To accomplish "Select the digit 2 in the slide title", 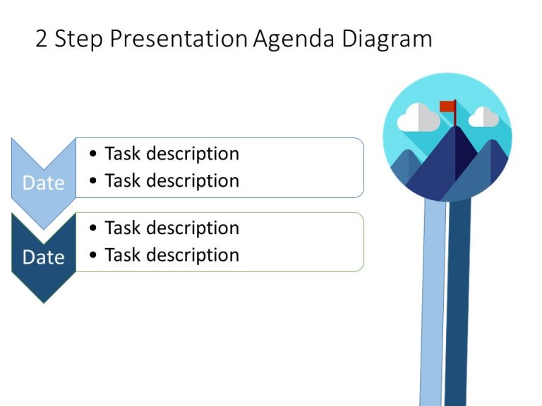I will click(42, 39).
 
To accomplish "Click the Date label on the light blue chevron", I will click(44, 183).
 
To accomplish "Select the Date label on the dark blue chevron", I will click(44, 257).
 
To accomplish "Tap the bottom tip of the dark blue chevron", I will click(44, 301).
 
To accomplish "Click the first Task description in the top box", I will click(171, 154).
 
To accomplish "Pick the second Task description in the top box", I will click(171, 180).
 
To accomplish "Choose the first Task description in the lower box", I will click(171, 228).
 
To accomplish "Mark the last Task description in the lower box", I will click(171, 254).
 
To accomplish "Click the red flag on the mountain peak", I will click(447, 106).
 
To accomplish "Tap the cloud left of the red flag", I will click(418, 118).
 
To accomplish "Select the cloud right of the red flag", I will click(483, 117).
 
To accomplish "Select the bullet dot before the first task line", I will click(94, 154).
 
